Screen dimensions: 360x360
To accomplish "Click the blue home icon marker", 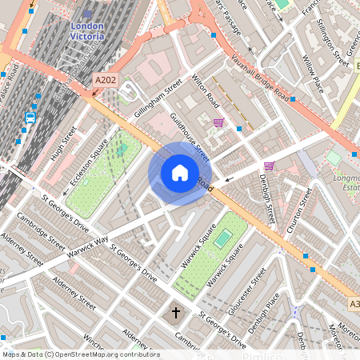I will (180, 173).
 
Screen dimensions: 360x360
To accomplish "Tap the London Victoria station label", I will (88, 30).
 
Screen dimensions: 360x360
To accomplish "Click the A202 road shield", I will (105, 80).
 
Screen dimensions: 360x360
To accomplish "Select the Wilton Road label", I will (205, 91).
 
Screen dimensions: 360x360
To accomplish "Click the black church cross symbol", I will (177, 311).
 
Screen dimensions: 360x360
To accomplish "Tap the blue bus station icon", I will (30, 118).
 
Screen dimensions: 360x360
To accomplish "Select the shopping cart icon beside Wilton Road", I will (218, 122).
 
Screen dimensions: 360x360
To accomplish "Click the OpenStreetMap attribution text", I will (80, 354).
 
